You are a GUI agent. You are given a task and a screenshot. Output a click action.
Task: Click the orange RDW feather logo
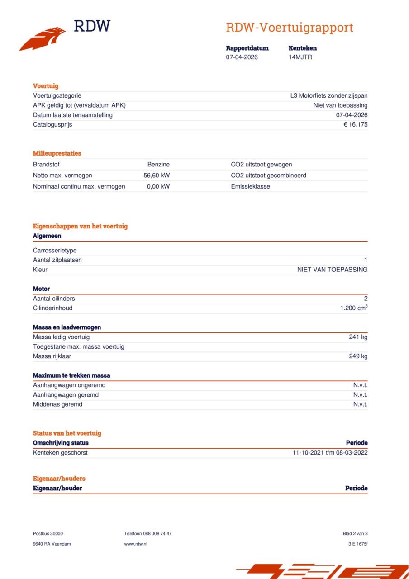point(43,39)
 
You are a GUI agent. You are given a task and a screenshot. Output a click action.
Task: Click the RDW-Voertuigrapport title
point(289,28)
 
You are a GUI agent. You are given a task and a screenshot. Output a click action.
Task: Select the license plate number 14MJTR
point(300,57)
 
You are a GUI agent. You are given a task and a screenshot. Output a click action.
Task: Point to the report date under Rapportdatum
point(242,57)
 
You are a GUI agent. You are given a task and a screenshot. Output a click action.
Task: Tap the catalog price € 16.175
point(355,125)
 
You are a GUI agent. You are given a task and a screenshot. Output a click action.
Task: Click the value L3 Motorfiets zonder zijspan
point(328,96)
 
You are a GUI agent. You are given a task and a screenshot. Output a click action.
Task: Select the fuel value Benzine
point(158,165)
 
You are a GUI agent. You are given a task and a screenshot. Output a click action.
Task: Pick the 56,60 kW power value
point(157,176)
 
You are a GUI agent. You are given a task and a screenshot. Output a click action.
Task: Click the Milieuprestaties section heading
point(57,153)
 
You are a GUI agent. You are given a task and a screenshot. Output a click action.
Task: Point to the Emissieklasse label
point(250,186)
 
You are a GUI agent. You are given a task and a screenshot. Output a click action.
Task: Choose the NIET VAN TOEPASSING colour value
point(332,270)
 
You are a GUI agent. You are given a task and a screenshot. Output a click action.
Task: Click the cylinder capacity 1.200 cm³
point(353,308)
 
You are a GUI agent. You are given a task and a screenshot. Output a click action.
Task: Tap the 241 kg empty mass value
point(358,337)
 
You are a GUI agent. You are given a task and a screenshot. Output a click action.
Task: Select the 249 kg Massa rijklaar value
point(358,356)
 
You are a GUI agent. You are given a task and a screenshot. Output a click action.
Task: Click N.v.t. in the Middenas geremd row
point(360,404)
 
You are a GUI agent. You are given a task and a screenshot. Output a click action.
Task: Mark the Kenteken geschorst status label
point(60,453)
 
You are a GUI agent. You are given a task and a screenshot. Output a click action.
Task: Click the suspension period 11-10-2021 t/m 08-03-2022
point(330,453)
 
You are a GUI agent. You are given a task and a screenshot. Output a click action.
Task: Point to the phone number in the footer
point(147,534)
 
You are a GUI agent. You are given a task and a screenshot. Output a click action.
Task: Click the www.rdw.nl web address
point(136,544)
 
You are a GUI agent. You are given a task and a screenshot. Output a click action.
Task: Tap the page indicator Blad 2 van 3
point(355,534)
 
